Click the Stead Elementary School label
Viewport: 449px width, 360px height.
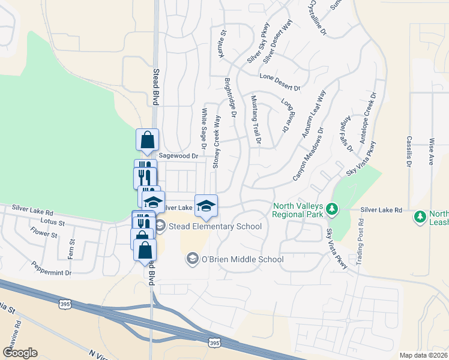coord(215,226)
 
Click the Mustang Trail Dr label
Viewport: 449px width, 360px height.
coord(256,120)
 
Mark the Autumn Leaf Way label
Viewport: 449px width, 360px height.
coord(313,114)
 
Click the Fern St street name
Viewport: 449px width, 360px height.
coord(72,250)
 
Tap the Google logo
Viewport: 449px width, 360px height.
coord(20,353)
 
